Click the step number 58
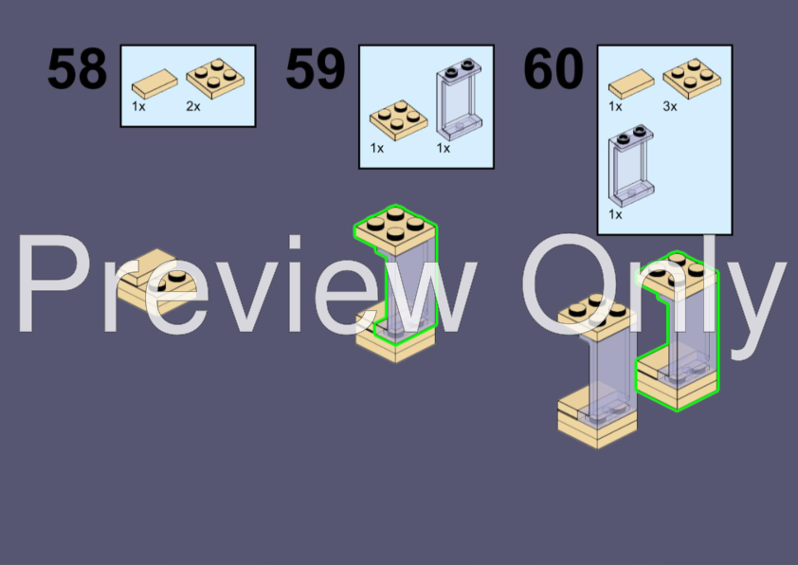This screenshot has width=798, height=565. [x=77, y=68]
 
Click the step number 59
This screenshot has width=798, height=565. [x=316, y=68]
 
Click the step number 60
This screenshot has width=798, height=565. [x=553, y=68]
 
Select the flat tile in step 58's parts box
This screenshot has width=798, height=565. [x=154, y=84]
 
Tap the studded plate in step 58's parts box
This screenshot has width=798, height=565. [x=215, y=79]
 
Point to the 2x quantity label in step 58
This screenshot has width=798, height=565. [x=193, y=106]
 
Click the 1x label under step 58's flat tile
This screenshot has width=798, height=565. [x=138, y=106]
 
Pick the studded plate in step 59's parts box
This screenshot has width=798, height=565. [x=398, y=120]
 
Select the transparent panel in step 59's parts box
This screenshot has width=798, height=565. [x=459, y=100]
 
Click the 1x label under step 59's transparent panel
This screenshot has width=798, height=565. [x=444, y=148]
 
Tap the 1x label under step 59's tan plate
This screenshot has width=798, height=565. [x=377, y=148]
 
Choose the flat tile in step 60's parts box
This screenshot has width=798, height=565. [x=631, y=84]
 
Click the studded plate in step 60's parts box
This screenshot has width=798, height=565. [x=692, y=79]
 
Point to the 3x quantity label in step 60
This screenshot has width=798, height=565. [x=670, y=106]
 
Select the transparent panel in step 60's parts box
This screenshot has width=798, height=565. [x=631, y=166]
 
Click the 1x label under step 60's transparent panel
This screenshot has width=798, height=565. [x=615, y=215]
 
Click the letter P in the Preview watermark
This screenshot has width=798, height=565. [x=53, y=283]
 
